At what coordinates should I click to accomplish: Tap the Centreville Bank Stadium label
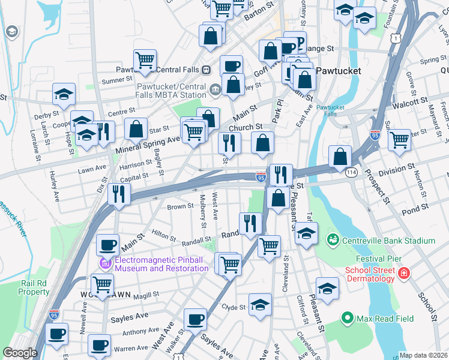[x=388, y=241]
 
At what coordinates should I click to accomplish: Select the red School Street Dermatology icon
[x=404, y=274]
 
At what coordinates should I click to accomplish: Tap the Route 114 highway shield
[x=352, y=173]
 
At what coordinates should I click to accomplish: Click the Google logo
[x=20, y=353]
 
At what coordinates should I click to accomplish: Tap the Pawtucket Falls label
[x=331, y=110]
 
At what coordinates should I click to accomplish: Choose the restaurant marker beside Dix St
[x=119, y=194]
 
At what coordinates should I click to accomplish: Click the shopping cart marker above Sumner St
[x=145, y=60]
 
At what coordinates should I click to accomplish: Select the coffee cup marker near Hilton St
[x=107, y=244]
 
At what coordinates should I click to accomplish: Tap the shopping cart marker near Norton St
[x=399, y=140]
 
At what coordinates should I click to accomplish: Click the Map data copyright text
[x=423, y=355]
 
